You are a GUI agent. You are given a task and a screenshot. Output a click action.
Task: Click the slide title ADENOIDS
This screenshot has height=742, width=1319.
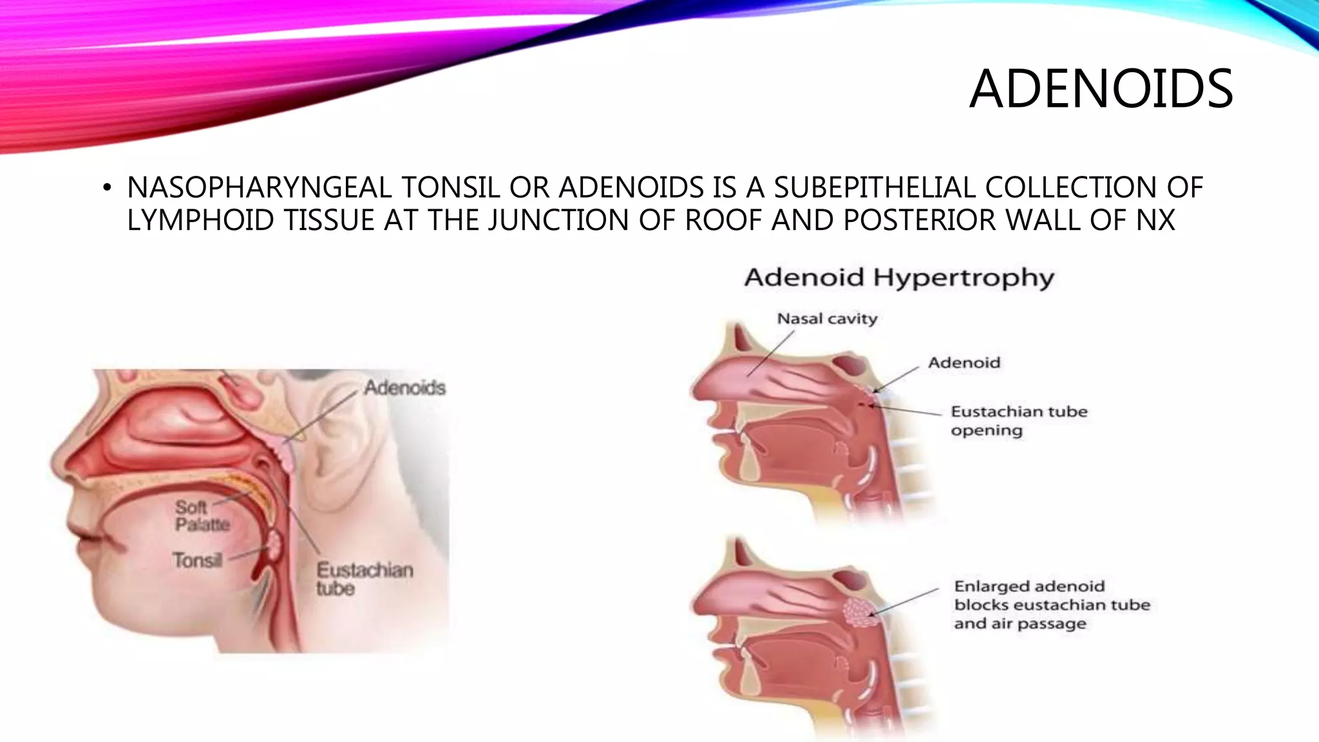(x=1101, y=89)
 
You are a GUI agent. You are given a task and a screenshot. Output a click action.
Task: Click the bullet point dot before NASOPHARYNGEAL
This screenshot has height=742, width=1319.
(x=107, y=189)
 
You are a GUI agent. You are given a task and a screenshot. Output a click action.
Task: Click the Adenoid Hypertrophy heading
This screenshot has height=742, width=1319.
(x=899, y=278)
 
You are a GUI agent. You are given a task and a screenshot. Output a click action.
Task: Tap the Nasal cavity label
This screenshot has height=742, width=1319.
(x=827, y=318)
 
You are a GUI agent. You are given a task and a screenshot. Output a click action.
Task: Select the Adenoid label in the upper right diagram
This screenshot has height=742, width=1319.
(x=964, y=363)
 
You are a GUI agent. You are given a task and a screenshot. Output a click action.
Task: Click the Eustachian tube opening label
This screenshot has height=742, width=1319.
(x=1018, y=421)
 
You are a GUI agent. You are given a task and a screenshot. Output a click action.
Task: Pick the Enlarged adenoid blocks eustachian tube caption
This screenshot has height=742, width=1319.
(x=1051, y=604)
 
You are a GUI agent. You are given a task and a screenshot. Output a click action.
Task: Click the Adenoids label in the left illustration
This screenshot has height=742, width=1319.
(x=404, y=387)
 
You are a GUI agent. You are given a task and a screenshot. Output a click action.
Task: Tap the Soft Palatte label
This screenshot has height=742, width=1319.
(x=202, y=515)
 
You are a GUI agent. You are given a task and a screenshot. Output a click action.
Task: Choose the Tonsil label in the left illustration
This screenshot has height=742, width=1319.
(x=197, y=560)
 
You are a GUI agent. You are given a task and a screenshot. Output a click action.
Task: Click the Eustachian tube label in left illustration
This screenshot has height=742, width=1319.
(x=364, y=578)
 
